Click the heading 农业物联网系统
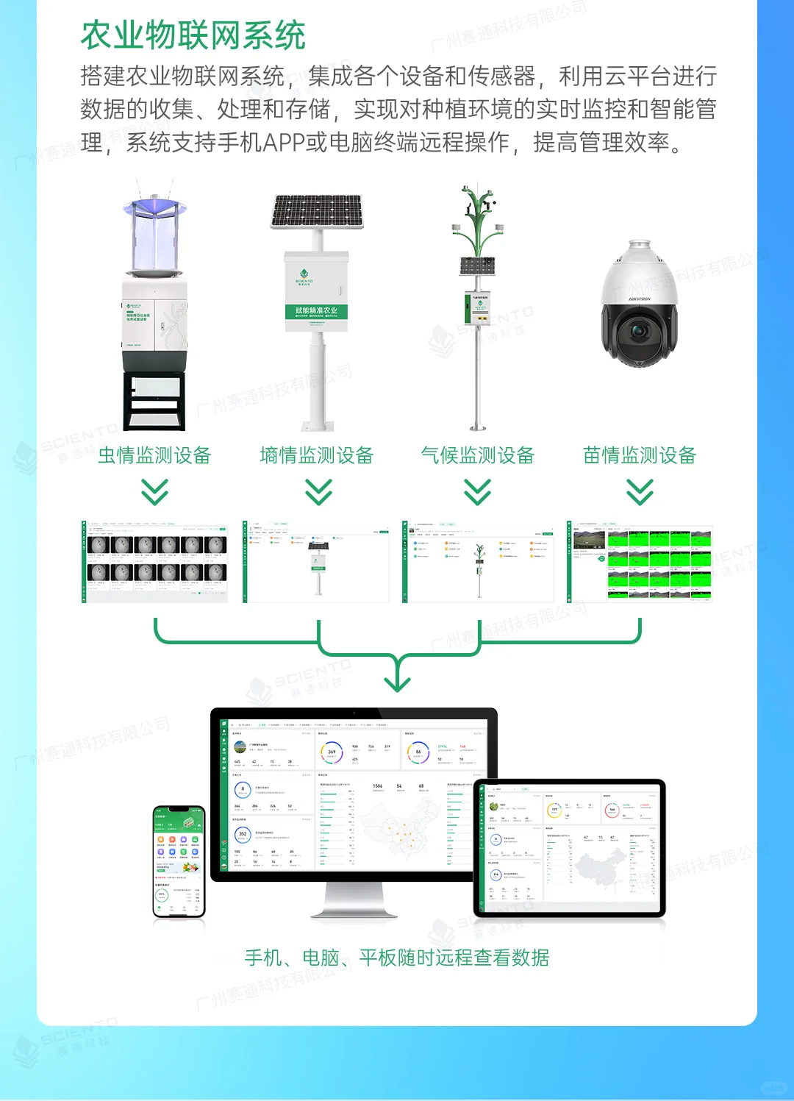click(x=193, y=35)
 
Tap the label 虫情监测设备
click(x=154, y=455)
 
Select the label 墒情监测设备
click(x=317, y=455)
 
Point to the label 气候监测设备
click(x=478, y=455)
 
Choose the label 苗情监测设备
click(x=640, y=455)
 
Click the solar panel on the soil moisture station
click(x=318, y=211)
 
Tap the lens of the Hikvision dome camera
click(x=637, y=332)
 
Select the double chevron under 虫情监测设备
click(x=154, y=491)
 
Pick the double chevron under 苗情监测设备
click(x=640, y=491)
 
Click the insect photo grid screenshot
click(x=155, y=562)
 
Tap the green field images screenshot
click(x=640, y=562)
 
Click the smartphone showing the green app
click(x=178, y=860)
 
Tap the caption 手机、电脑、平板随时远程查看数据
click(x=397, y=958)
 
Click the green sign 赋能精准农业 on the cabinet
click(x=316, y=310)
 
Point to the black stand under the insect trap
click(x=154, y=401)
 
